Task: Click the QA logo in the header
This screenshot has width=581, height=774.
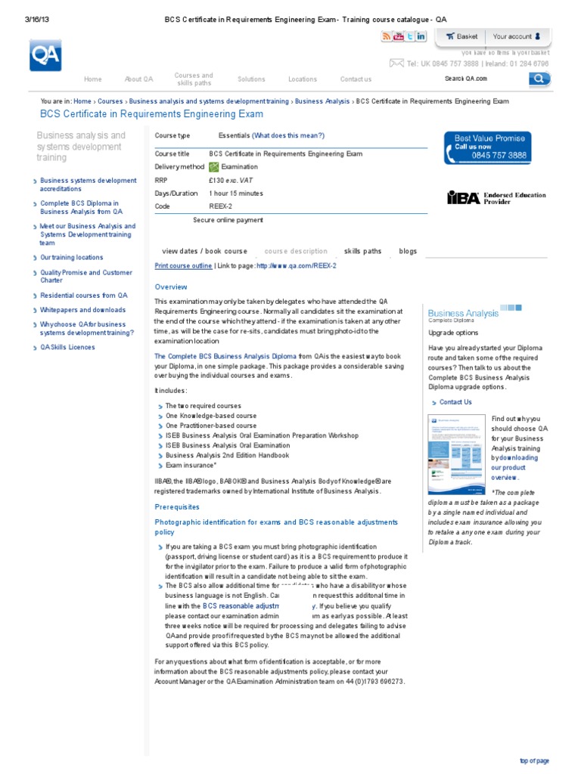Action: point(45,55)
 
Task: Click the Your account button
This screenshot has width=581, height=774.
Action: point(517,36)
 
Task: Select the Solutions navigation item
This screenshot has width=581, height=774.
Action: point(251,79)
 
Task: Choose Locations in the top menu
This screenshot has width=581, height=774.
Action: point(303,79)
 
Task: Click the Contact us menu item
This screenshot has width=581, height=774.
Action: point(356,79)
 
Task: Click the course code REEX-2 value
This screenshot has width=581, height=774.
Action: point(220,206)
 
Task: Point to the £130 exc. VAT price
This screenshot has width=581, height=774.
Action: point(235,181)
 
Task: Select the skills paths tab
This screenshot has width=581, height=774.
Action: point(362,251)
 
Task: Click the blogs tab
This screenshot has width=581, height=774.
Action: point(408,251)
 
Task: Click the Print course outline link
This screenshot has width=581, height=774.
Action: point(183,266)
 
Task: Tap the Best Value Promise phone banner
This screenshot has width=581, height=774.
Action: point(487,147)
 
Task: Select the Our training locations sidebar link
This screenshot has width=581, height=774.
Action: point(72,258)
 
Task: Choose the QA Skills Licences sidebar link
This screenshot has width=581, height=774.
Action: point(67,348)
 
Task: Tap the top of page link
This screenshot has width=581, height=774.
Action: point(534,760)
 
